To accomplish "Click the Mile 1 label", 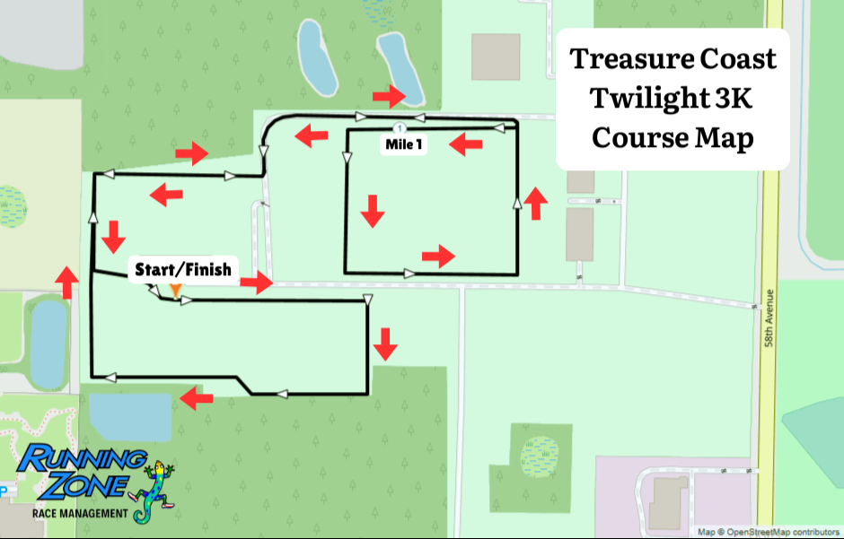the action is coord(404,144).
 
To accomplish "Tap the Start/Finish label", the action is coord(183,269).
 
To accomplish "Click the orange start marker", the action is coord(175,291).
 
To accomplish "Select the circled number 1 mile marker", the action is coord(400,128).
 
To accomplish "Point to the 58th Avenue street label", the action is coord(769,318).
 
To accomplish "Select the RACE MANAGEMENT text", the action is coord(80,513).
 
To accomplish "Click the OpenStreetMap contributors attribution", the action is coord(768,532).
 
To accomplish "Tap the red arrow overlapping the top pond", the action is coord(389,96).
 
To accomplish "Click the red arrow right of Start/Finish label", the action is coord(256,283).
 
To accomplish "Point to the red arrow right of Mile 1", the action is coord(465,144).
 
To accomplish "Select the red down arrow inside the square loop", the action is coord(373,211).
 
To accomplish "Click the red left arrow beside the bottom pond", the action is coord(196,399).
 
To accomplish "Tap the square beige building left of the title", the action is coord(496,57).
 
